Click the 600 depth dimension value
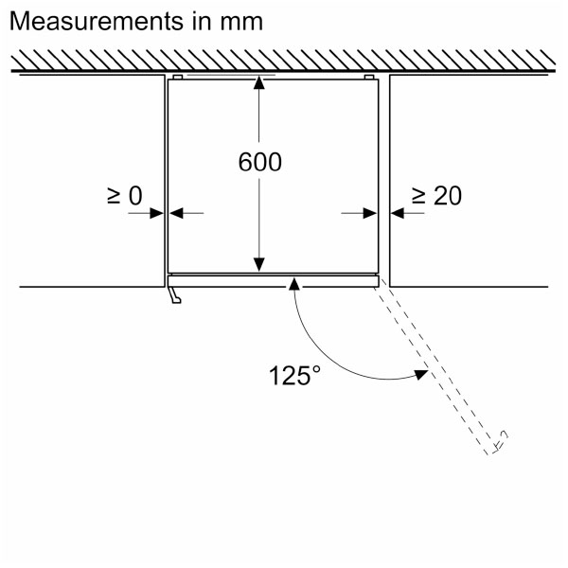pos(259,163)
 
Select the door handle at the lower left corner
pos(175,296)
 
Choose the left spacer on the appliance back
pos(178,77)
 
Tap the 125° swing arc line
pos(322,355)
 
